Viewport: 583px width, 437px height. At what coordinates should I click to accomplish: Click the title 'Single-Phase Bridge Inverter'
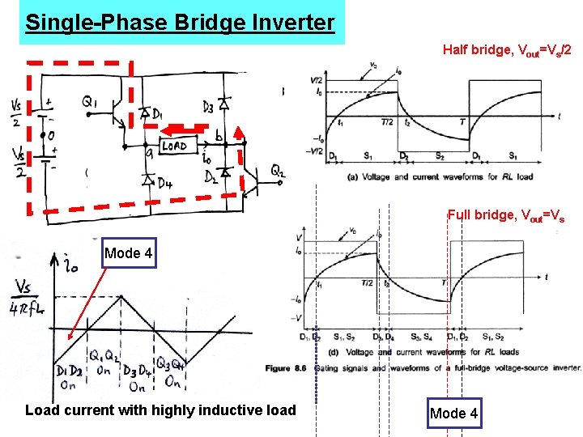(179, 22)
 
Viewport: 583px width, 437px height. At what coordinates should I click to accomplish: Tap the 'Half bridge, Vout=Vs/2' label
(508, 50)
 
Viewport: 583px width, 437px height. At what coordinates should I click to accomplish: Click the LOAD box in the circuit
(174, 146)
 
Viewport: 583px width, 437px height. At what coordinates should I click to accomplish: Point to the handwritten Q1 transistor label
(90, 102)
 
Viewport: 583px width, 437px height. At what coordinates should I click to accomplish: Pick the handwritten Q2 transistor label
(278, 171)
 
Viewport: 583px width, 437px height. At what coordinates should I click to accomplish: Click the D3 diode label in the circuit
(208, 107)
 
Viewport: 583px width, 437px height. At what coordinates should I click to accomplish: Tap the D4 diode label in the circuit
(164, 183)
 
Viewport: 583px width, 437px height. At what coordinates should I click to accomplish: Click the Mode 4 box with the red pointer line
(128, 253)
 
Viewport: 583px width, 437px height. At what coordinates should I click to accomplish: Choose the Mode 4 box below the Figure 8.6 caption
(453, 414)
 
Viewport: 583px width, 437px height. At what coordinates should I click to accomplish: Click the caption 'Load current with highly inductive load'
(160, 410)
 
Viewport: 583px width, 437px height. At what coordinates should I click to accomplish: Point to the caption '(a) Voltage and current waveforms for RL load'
(440, 176)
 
